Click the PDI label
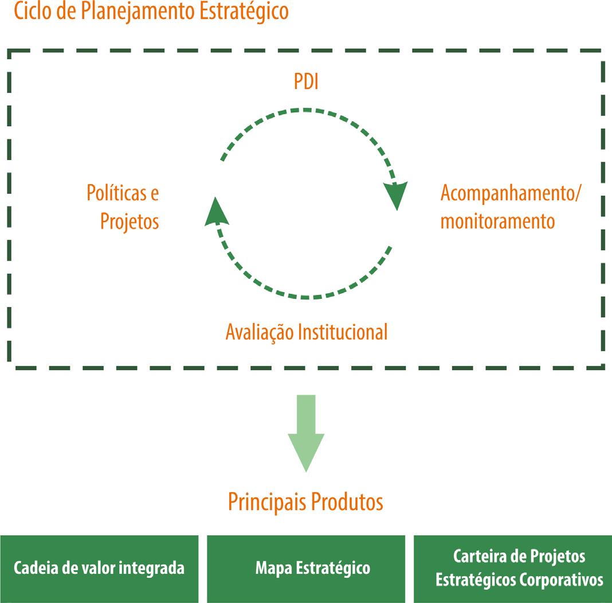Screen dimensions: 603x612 pyautogui.click(x=306, y=82)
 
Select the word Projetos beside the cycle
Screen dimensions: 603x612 pyautogui.click(x=130, y=221)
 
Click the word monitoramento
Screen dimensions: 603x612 pyautogui.click(x=497, y=221)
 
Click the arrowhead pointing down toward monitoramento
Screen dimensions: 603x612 pyautogui.click(x=396, y=196)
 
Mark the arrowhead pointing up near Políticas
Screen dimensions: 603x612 pyautogui.click(x=215, y=210)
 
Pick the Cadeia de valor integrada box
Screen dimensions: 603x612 pyautogui.click(x=99, y=569)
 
